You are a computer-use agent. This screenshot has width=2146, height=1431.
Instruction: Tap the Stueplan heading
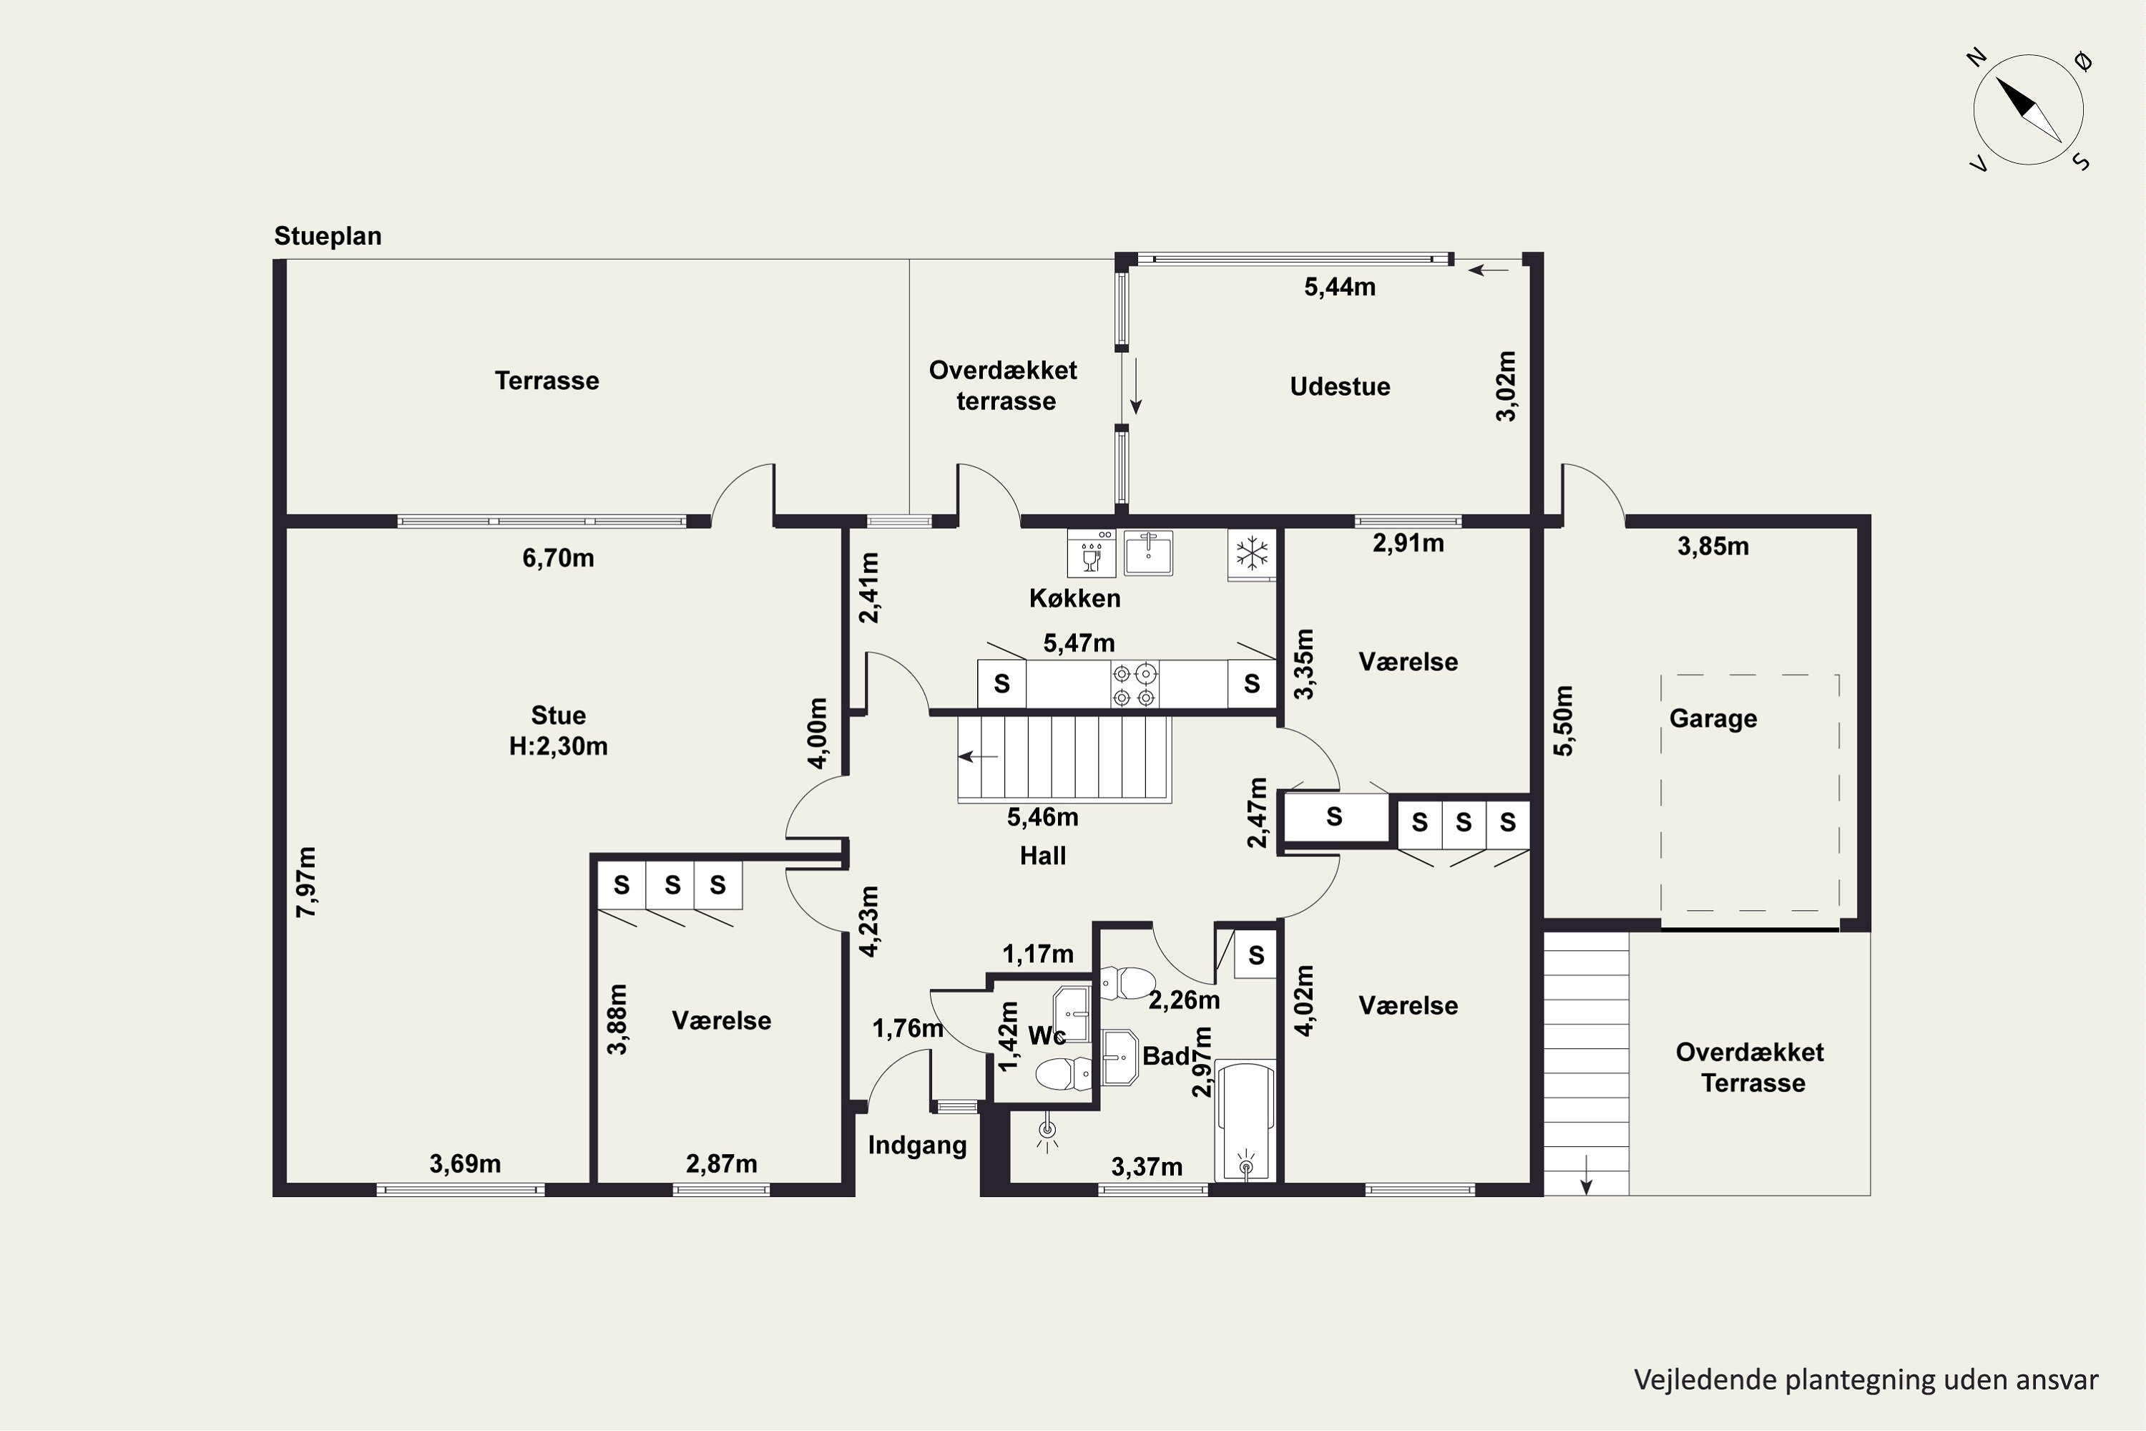(328, 236)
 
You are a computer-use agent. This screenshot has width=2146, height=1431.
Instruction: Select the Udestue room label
(1339, 387)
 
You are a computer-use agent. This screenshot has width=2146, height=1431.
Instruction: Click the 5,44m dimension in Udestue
(1339, 288)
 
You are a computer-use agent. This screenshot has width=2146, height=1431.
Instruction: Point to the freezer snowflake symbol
(1252, 553)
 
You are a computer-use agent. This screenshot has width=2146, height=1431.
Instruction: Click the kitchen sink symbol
(1148, 553)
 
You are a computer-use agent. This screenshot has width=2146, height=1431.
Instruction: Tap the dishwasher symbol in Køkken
(1092, 553)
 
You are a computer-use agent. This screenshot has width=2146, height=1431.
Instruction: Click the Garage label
(1713, 719)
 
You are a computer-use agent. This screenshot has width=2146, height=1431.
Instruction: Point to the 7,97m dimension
(307, 881)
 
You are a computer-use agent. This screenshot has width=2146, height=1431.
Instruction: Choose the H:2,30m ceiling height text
(559, 746)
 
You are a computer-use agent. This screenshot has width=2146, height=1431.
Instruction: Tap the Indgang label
(917, 1146)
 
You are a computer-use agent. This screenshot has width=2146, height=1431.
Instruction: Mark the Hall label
(1043, 856)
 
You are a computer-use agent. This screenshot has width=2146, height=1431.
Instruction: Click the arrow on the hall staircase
(977, 756)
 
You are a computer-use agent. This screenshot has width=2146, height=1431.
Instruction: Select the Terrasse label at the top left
(547, 381)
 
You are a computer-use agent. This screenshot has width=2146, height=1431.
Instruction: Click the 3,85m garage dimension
(1713, 547)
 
